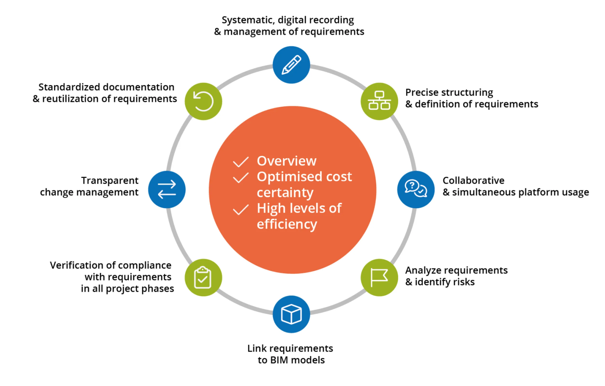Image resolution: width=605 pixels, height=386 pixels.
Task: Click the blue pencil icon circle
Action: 291,65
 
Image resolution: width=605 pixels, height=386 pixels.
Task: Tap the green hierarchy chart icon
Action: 379,101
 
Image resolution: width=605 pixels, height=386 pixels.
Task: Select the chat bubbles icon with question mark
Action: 416,189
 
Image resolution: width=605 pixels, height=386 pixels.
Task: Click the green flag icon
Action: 379,277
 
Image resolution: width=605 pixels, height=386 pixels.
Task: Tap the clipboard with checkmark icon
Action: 203,277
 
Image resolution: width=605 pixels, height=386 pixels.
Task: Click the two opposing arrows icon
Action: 167,189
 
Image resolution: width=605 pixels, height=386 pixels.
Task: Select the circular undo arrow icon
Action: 203,101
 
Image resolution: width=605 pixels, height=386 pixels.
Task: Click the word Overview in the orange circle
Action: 286,161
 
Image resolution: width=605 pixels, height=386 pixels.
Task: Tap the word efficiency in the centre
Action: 287,224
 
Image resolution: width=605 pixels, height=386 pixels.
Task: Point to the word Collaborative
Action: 473,180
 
